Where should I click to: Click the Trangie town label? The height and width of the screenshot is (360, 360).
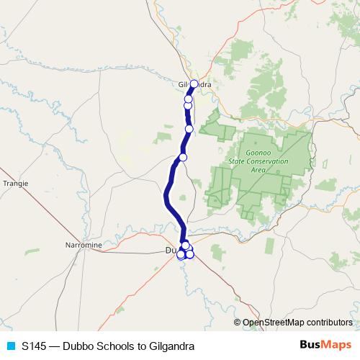15,184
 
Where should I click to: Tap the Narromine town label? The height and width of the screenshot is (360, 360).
84,246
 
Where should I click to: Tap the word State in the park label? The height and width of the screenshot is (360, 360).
238,161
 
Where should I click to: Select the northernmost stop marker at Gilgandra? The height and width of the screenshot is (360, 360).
194,84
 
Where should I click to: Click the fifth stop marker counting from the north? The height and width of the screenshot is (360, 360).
183,157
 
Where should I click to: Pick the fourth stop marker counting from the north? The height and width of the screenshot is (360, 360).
189,129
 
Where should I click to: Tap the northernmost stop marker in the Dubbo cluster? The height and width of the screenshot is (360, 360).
185,246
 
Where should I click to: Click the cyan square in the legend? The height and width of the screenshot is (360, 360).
9,346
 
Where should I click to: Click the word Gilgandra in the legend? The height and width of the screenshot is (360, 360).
171,346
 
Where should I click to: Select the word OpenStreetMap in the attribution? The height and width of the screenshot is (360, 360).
272,322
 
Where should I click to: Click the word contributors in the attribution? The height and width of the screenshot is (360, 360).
328,322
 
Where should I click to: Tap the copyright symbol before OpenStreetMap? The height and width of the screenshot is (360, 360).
238,322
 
